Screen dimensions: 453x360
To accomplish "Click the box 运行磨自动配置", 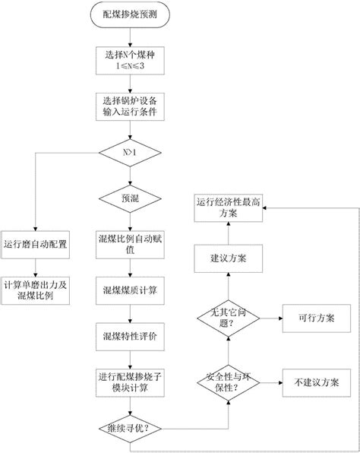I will (x=36, y=244).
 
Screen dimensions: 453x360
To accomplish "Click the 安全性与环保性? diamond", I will (x=229, y=382).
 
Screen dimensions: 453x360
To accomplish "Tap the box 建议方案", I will (x=229, y=258).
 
